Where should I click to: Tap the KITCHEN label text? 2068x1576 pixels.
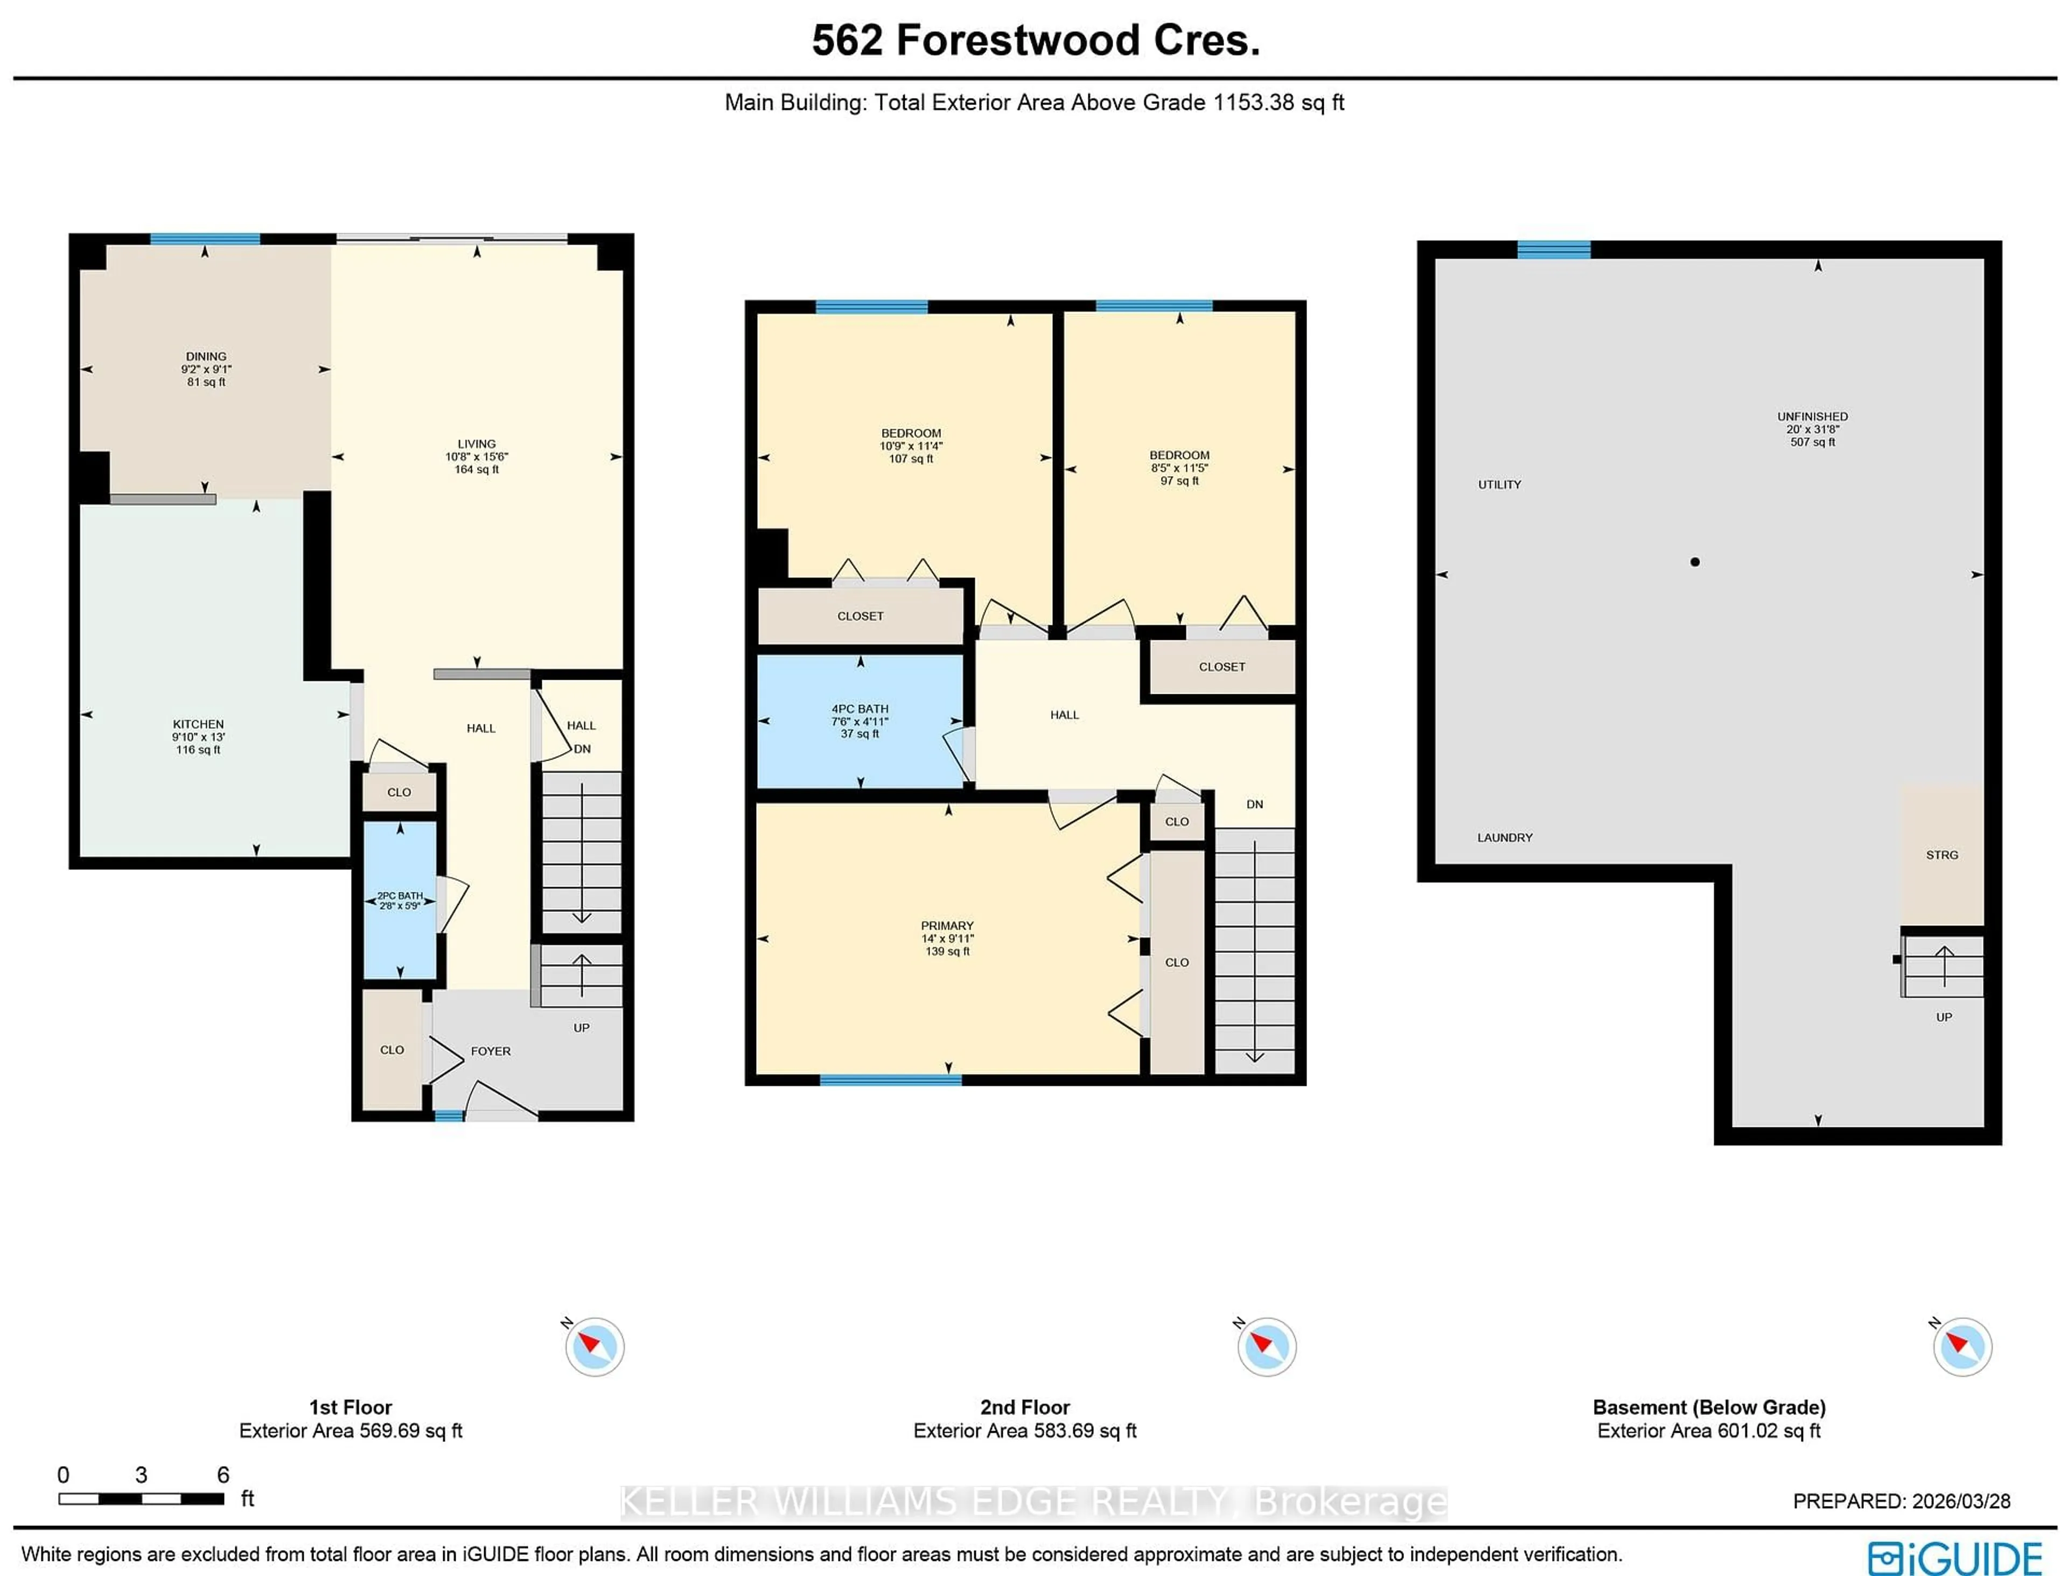(198, 724)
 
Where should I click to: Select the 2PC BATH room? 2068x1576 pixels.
(400, 901)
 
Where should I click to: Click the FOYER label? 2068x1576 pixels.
(491, 1051)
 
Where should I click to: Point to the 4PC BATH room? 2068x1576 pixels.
(860, 721)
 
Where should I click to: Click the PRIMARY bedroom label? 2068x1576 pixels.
(947, 926)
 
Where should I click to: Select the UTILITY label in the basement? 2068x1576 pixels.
(1500, 485)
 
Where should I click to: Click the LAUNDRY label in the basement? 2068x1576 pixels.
(1504, 838)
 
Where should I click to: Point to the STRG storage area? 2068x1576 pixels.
(1941, 855)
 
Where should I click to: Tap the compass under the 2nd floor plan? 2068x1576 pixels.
(1266, 1347)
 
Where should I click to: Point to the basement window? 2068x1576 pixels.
(1554, 249)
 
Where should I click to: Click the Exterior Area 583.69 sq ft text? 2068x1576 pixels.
(1024, 1431)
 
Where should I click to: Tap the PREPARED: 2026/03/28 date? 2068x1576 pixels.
(1901, 1501)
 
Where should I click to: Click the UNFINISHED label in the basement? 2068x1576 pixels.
(1812, 416)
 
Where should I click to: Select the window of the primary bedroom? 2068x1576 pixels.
(890, 1080)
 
